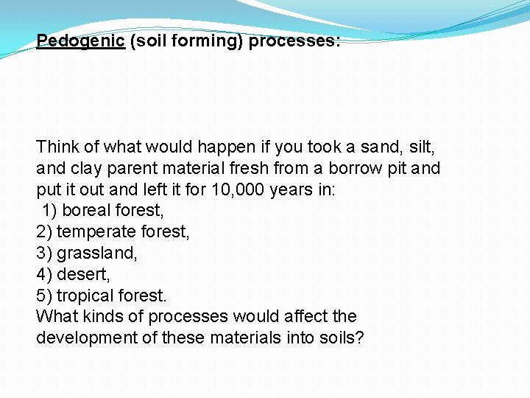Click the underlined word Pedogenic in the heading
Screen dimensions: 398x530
click(x=80, y=41)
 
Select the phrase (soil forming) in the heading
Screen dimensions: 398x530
click(x=187, y=41)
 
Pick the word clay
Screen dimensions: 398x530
click(x=86, y=168)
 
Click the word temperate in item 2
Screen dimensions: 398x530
click(x=90, y=232)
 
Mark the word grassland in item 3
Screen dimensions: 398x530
click(x=97, y=253)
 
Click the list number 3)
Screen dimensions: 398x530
click(x=44, y=253)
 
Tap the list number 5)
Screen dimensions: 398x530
click(x=44, y=296)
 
